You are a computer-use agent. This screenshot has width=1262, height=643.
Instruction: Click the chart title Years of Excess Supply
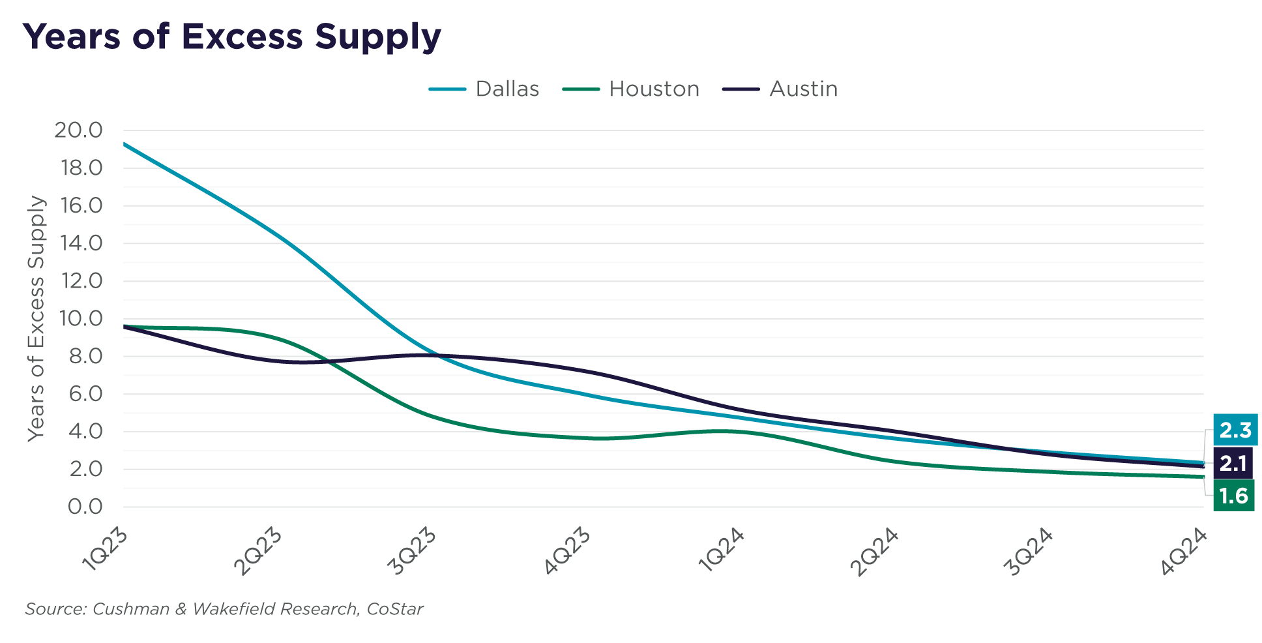coord(231,37)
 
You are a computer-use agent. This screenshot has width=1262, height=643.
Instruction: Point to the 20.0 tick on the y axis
coord(79,130)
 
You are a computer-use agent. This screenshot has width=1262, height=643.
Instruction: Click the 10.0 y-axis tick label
coord(79,318)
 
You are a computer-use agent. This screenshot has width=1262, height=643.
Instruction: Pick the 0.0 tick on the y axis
coord(85,506)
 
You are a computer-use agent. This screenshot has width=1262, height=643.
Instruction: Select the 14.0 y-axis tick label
coord(79,243)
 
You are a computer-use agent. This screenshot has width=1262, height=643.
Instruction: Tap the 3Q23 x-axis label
coord(413,552)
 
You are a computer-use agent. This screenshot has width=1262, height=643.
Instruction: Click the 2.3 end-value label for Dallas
coord(1235,430)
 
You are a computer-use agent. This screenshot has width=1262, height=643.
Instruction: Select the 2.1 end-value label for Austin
coord(1233,464)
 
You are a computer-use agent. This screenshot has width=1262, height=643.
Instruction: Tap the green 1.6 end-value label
coord(1233,496)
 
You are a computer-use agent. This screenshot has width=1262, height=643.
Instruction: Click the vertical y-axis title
coord(37,318)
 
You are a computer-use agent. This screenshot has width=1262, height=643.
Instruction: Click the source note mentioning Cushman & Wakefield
coord(224,609)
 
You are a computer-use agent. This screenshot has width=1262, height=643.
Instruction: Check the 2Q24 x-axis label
coord(875,552)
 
